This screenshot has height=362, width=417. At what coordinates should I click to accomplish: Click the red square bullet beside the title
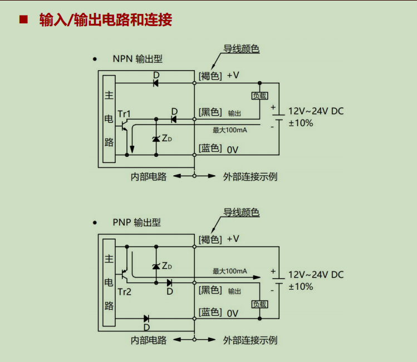pos(23,19)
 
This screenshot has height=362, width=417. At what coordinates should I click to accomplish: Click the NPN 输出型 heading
pos(138,59)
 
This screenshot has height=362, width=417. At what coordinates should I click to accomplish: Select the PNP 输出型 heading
pos(137,222)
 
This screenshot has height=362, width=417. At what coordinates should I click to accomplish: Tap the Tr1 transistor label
pos(124,114)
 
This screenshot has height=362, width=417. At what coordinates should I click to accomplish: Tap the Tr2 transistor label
pos(125,292)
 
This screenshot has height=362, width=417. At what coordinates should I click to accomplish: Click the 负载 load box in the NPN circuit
pos(260,96)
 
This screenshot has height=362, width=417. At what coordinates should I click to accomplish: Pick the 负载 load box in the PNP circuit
pos(260,304)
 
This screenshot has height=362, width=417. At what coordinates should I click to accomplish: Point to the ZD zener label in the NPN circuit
pos(167,138)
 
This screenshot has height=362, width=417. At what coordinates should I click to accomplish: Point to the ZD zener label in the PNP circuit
pos(167,266)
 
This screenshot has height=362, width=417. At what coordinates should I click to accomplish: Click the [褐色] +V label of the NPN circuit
pos(219,76)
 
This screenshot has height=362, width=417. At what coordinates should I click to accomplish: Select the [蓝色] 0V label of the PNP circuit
pos(218,313)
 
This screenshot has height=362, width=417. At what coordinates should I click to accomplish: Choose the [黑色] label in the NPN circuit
pos(210,112)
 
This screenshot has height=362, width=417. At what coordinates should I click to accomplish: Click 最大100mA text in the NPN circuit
pos(230,130)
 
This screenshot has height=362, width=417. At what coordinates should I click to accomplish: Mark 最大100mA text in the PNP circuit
pos(230,271)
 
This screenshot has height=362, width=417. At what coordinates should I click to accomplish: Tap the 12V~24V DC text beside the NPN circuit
pos(316,111)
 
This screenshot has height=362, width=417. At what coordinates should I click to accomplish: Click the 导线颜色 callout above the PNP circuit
pos(242,212)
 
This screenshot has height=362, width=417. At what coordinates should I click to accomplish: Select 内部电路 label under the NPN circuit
pos(149,177)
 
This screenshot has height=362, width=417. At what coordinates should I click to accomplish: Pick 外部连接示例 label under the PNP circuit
pos(250,340)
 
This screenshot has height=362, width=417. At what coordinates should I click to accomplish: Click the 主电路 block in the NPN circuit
pos(109,118)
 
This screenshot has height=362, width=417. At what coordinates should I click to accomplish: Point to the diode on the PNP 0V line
pos(146,319)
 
